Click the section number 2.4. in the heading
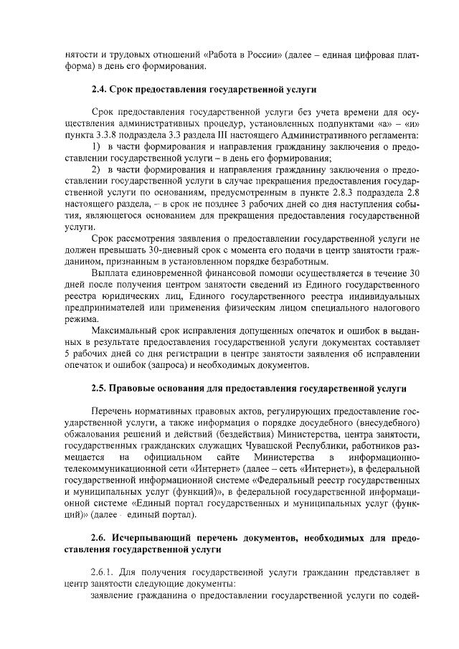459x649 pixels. point(100,90)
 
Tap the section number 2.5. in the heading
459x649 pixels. point(100,389)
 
